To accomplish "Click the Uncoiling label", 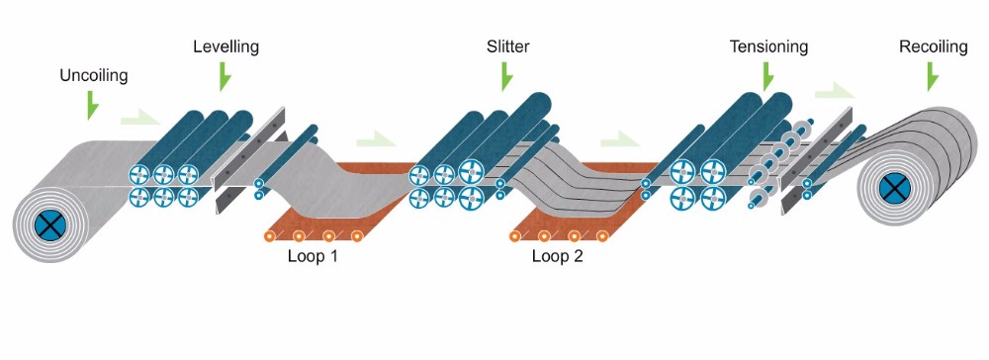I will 94,75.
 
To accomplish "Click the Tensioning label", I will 768,46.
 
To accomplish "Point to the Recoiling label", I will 933,46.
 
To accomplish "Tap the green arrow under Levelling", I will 225,75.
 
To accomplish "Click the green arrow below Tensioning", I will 768,75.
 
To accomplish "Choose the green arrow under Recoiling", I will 932,75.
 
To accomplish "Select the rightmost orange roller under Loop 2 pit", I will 602,236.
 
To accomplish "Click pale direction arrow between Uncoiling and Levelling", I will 138,119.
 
